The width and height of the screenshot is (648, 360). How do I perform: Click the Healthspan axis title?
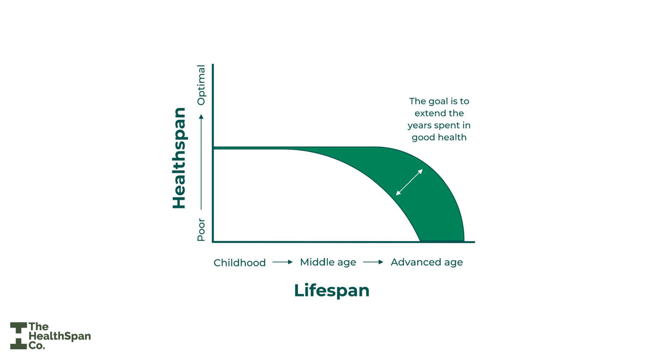(x=179, y=158)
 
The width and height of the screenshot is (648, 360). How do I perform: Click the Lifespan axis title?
(x=331, y=291)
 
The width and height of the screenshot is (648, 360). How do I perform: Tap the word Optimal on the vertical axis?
(x=201, y=85)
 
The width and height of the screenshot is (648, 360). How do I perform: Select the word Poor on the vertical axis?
(x=201, y=230)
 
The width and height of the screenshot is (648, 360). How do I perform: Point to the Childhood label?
(x=240, y=263)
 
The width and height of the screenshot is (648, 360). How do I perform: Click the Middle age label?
(x=328, y=262)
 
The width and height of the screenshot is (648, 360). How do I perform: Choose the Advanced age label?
(x=427, y=262)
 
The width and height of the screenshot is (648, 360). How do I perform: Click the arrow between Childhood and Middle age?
(x=282, y=262)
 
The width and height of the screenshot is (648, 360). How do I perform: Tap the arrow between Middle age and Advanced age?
(x=373, y=262)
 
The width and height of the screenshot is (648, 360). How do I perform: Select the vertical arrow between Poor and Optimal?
(x=201, y=162)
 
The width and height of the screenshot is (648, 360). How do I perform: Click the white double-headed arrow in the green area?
(x=409, y=182)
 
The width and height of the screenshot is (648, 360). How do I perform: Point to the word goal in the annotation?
(x=437, y=101)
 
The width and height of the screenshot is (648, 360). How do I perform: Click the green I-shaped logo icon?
(x=19, y=336)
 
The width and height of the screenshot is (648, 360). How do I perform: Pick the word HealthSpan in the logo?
(x=60, y=336)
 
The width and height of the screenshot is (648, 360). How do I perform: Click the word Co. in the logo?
(x=37, y=346)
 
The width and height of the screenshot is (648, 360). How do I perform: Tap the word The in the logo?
(x=38, y=327)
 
